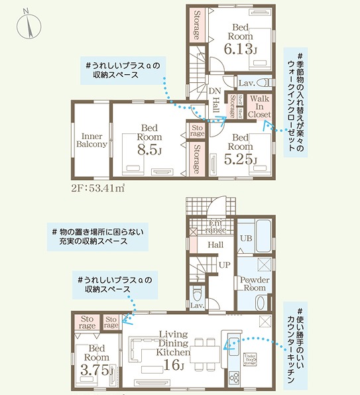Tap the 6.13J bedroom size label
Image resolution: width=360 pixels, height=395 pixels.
239,48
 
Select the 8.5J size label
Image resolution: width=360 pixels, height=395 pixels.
150,149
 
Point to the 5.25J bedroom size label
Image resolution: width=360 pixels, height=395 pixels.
239,159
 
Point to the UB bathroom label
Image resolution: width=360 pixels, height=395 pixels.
244,237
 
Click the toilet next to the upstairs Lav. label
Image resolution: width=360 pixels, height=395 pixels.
266,83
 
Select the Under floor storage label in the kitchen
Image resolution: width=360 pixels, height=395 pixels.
250,359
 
